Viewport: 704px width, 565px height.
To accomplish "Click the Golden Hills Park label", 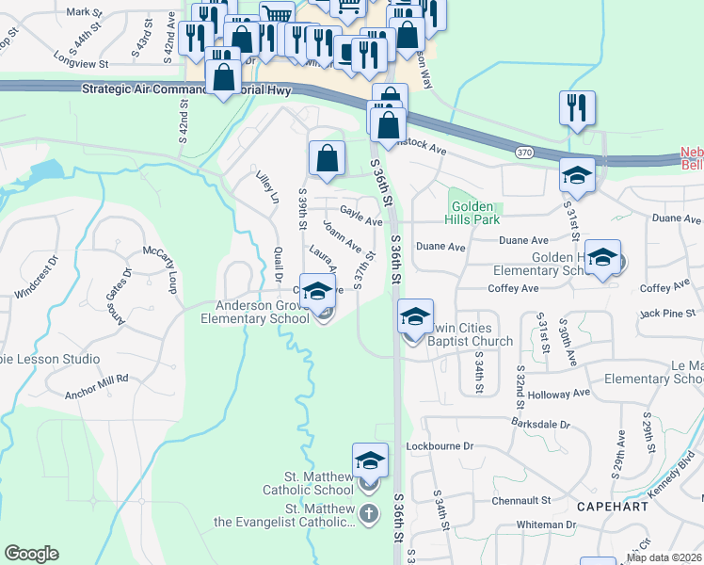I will point(475,213).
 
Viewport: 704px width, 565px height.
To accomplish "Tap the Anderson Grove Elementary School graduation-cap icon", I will point(317,289).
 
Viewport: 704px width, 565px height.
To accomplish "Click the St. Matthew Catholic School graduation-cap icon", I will point(371,461).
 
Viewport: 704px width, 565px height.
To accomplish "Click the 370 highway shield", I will point(525,151).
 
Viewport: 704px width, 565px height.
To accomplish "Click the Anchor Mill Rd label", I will point(97,379).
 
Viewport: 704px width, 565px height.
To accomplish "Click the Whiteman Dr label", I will point(545,525).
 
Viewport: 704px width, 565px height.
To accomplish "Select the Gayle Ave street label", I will point(360,217).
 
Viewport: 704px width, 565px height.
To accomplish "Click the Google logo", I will point(31,554).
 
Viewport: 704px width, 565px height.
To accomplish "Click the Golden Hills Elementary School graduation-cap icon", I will point(601,256).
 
